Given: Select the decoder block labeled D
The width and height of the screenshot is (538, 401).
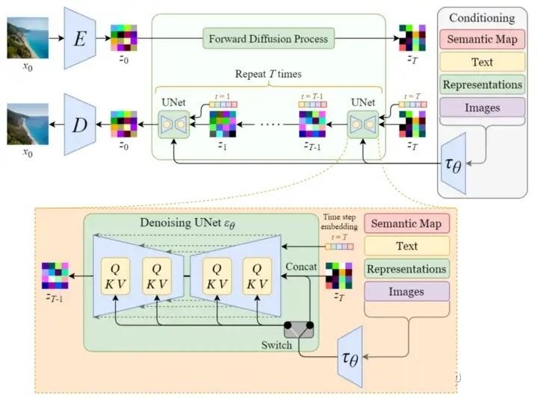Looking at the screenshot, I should (x=79, y=124).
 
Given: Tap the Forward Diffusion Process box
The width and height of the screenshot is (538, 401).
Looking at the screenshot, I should (x=268, y=37).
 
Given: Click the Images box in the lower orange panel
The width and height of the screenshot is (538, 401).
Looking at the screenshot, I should (x=407, y=291).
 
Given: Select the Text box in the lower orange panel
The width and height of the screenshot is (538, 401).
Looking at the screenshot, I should (x=407, y=245).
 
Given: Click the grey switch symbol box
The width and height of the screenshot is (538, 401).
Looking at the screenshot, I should (x=300, y=328).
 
